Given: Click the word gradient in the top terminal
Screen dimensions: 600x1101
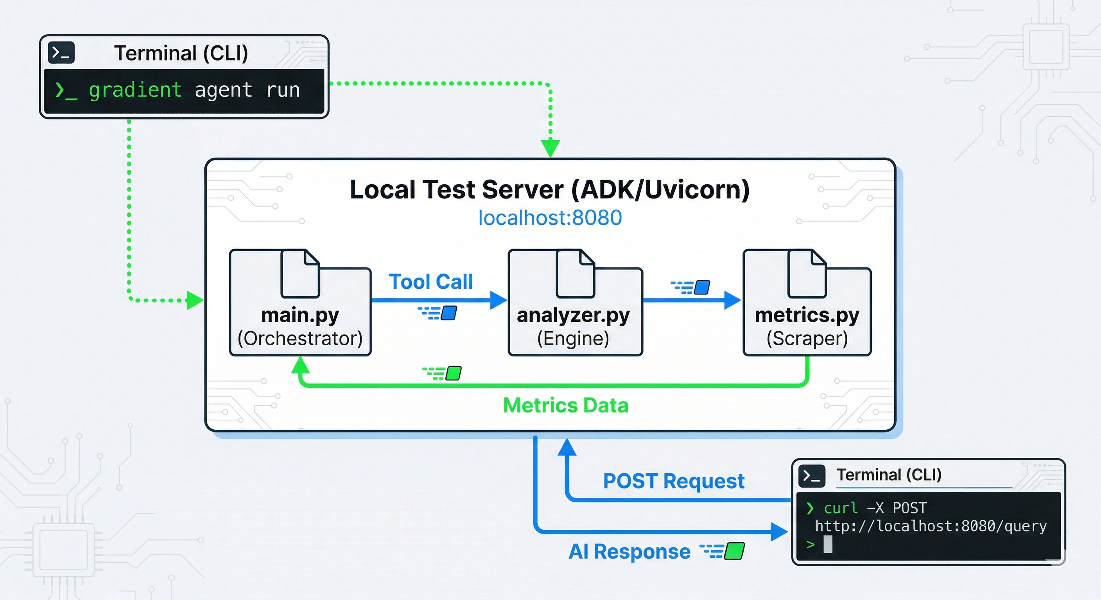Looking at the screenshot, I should click(x=135, y=91).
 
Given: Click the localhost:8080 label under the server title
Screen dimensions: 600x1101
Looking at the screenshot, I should click(x=550, y=218).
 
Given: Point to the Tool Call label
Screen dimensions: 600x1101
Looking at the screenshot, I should click(x=430, y=282).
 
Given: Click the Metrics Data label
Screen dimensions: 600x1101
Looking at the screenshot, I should click(x=565, y=405).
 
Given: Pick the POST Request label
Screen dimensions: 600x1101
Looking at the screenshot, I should click(x=674, y=481).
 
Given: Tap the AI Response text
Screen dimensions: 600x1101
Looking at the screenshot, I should click(x=629, y=552).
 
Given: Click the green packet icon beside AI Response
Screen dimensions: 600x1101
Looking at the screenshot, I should click(x=734, y=551).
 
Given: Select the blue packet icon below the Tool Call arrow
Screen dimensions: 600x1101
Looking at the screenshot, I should click(x=448, y=313).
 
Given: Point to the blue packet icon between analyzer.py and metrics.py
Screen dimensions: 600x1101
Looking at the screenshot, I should click(x=702, y=287).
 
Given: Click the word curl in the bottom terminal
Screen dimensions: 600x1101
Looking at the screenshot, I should click(x=840, y=508).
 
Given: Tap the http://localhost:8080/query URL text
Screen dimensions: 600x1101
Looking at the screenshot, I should click(x=931, y=526).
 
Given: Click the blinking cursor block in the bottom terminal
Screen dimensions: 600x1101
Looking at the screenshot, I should click(x=828, y=545).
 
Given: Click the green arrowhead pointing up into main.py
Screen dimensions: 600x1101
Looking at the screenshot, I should click(x=300, y=365).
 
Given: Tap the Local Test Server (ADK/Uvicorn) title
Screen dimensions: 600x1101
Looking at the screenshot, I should click(x=550, y=189).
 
